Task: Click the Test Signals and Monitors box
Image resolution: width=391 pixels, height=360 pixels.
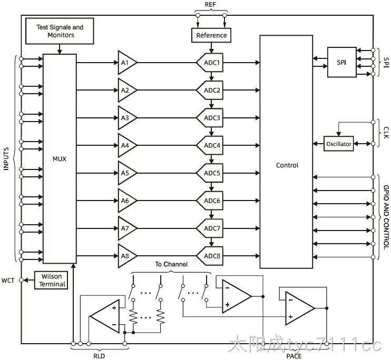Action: [x=60, y=31]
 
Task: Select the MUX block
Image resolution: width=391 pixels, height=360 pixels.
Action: [x=60, y=159]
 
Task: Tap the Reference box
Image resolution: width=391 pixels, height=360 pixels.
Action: [x=211, y=35]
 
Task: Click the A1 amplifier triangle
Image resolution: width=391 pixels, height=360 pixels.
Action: [x=127, y=63]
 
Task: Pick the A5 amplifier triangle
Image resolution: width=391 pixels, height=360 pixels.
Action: [x=127, y=173]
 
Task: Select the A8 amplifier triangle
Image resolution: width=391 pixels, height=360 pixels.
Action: [x=127, y=256]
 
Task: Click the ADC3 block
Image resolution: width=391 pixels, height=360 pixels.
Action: [x=210, y=118]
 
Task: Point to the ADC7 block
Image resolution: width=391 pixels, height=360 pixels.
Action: [x=210, y=228]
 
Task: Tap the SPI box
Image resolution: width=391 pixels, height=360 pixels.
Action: [x=341, y=62]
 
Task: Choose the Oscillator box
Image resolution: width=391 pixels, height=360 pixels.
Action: [x=339, y=144]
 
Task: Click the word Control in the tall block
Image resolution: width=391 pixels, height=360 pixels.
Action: [x=287, y=165]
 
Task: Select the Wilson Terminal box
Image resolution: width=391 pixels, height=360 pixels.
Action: [x=51, y=281]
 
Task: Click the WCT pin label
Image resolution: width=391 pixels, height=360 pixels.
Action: [x=8, y=281]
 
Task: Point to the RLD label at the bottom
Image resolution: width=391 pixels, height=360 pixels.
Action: [x=99, y=356]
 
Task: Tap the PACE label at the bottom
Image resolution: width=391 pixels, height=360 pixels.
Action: [x=294, y=356]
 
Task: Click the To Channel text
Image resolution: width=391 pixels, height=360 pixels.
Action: [x=171, y=264]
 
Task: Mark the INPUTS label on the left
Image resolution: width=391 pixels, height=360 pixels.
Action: [x=6, y=159]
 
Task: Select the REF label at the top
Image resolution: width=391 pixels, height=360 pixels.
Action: [x=210, y=5]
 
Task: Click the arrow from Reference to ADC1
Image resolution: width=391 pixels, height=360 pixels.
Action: [x=211, y=48]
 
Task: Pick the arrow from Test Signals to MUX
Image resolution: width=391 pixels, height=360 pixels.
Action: [x=60, y=49]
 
